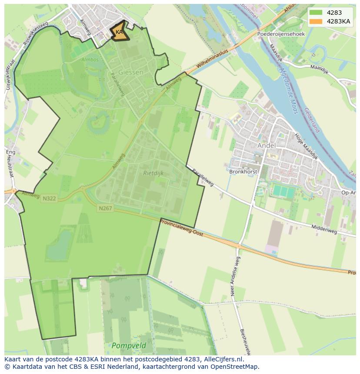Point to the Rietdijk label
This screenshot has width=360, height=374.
(153, 173)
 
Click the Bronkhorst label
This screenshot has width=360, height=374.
(243, 172)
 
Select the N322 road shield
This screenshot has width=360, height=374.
(49, 199)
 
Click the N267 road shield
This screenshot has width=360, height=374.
(105, 209)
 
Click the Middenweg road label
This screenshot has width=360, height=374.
(324, 229)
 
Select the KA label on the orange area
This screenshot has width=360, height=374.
(119, 32)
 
